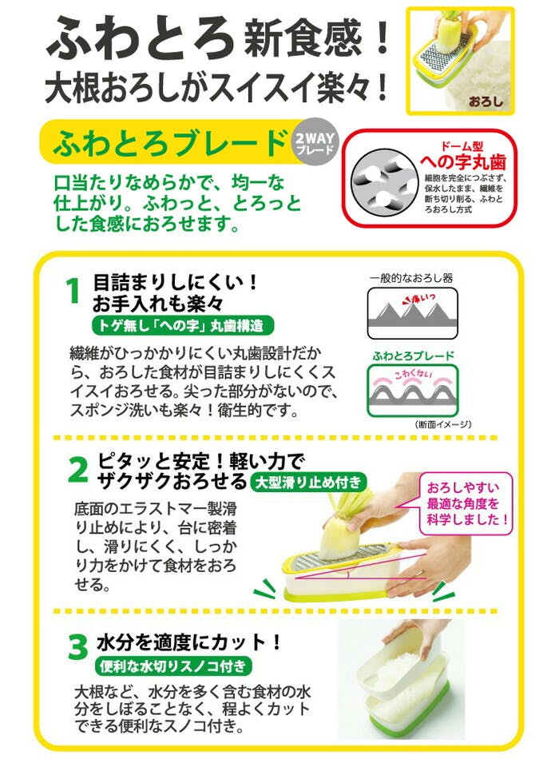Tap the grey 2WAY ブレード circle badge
tap(317, 143)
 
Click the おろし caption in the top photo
tap(486, 102)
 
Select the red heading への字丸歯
tap(462, 162)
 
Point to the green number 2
tap(77, 470)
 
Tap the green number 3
tap(77, 647)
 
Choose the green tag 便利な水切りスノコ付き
tap(173, 666)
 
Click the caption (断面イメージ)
tap(443, 423)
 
